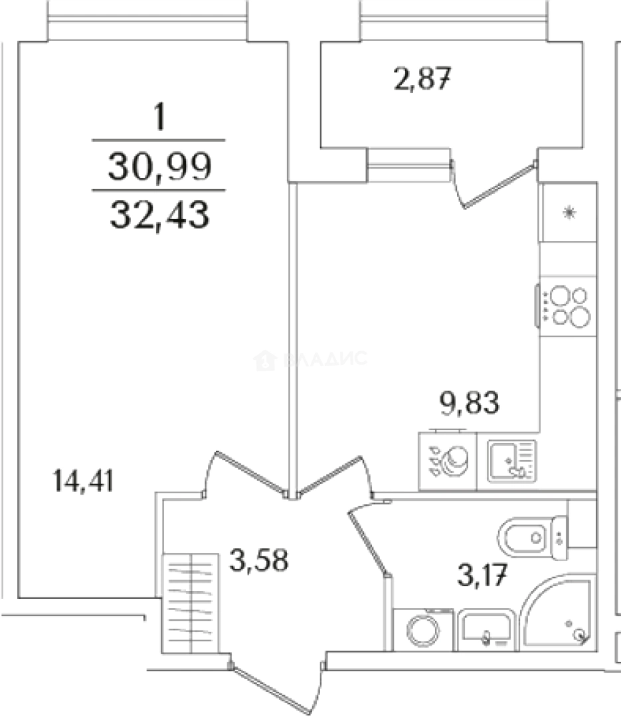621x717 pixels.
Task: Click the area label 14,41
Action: click(x=83, y=481)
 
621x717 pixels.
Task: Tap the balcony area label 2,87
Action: click(x=422, y=78)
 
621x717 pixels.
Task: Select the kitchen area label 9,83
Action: click(x=469, y=403)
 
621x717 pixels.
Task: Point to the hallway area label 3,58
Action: click(x=259, y=560)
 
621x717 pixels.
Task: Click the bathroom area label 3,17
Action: click(x=482, y=575)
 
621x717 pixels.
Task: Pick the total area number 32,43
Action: click(x=159, y=215)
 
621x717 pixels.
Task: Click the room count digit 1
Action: click(x=159, y=117)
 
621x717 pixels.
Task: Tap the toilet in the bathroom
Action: click(x=533, y=538)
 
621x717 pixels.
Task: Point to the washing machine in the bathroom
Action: click(x=423, y=630)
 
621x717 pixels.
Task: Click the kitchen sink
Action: click(x=511, y=461)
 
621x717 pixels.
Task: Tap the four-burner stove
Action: click(x=567, y=306)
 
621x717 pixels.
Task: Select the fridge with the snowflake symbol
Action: click(x=569, y=212)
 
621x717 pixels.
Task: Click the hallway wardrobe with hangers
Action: click(x=190, y=603)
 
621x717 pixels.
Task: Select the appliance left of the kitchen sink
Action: click(x=448, y=461)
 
